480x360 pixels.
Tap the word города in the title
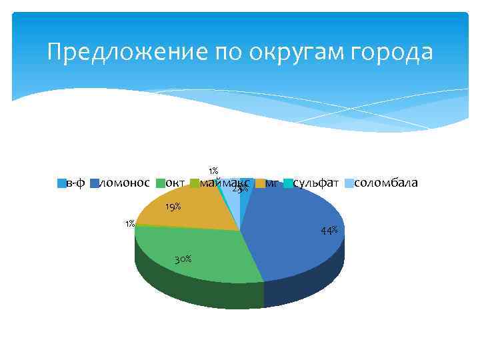[x=394, y=52]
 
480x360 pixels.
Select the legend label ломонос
[x=124, y=183]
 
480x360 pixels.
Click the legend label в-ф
[x=75, y=183]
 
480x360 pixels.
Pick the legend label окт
[x=175, y=183]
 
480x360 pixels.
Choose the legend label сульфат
[x=316, y=183]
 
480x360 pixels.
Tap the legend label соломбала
[x=386, y=183]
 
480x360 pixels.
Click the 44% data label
[x=329, y=231]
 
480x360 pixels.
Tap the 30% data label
[x=183, y=259]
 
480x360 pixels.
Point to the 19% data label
[x=173, y=207]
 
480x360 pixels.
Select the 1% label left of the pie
[x=130, y=223]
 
